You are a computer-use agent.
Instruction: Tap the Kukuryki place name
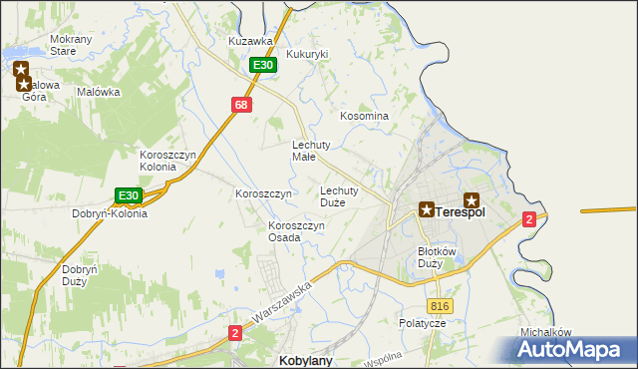click(307, 54)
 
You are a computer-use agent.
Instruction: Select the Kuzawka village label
click(250, 41)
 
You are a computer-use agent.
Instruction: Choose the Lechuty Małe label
click(310, 150)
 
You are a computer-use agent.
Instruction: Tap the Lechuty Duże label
click(339, 195)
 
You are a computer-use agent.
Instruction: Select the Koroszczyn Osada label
click(296, 231)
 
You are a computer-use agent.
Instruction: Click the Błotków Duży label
click(437, 257)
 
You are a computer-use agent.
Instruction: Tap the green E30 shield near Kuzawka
click(262, 65)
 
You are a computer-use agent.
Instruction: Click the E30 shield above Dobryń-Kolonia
click(128, 195)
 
